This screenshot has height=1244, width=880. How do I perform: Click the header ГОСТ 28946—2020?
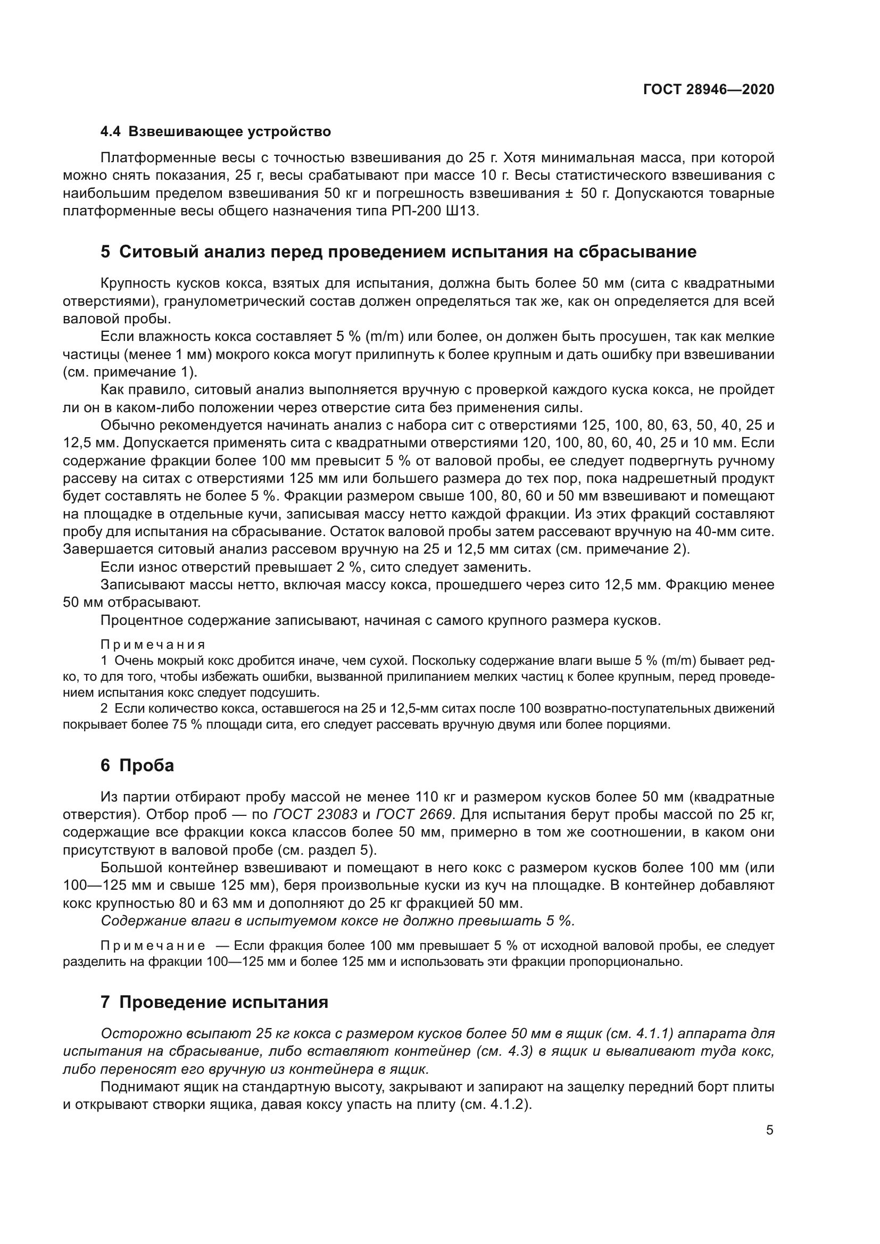tap(709, 89)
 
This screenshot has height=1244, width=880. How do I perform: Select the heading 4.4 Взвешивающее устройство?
tap(215, 132)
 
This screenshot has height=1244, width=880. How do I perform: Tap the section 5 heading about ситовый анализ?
tap(399, 252)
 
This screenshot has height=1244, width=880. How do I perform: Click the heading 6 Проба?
tap(137, 765)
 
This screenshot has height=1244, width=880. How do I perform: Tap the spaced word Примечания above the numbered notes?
tap(153, 644)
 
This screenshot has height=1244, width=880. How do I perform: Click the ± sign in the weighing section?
tap(569, 194)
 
